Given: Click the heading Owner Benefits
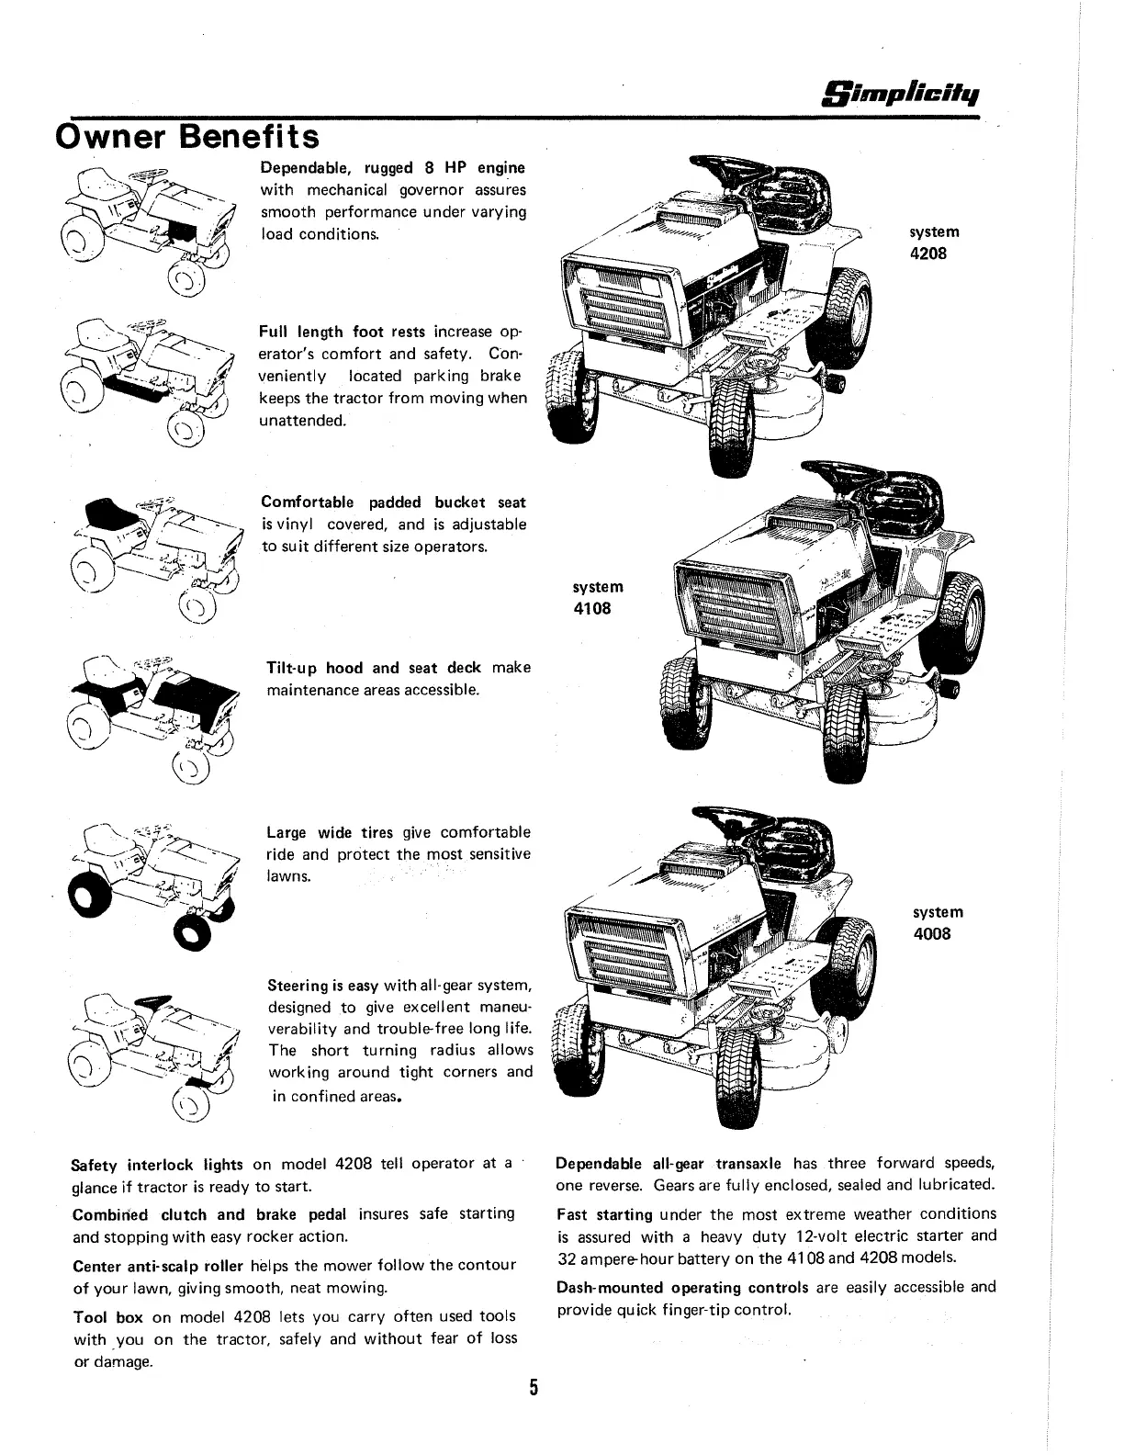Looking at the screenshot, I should tap(188, 137).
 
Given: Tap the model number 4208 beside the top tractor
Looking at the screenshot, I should tap(927, 254).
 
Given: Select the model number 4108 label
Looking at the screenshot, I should tap(592, 608).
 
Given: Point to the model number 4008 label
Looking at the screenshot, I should tap(932, 934).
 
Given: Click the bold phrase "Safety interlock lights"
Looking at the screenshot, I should tap(157, 1165).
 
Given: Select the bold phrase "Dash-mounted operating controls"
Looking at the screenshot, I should tap(682, 1287).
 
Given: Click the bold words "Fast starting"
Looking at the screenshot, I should tap(604, 1214).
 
